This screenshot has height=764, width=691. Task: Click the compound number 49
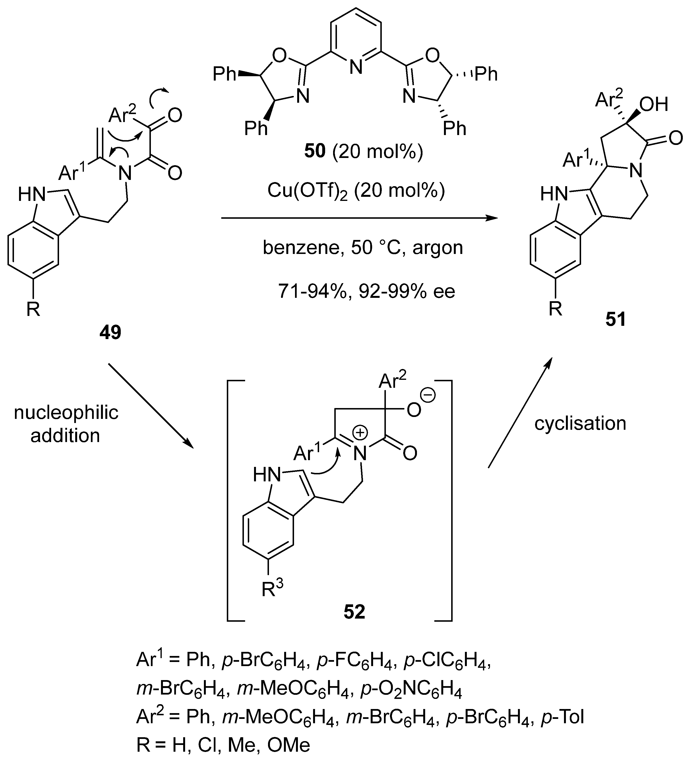point(110,332)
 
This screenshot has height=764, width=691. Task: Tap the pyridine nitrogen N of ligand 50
point(355,68)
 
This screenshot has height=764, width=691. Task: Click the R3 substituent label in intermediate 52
point(272,589)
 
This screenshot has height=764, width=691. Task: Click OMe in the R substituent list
point(289,745)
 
